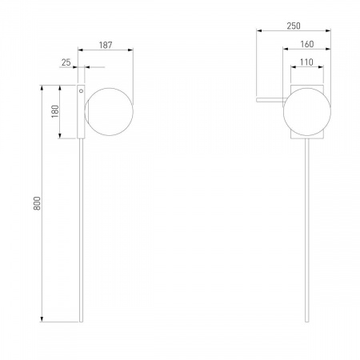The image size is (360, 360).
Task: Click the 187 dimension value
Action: click(x=106, y=45)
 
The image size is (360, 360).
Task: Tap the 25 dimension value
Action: click(x=66, y=62)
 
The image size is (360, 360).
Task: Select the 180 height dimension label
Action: click(x=55, y=111)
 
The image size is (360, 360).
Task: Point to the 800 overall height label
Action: click(x=37, y=203)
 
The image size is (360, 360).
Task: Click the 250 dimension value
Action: click(x=294, y=26)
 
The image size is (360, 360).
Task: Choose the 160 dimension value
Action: click(x=307, y=44)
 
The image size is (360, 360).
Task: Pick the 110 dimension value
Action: click(x=306, y=62)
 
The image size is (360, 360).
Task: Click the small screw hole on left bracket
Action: click(x=81, y=91)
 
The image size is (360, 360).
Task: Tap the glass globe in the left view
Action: click(x=109, y=112)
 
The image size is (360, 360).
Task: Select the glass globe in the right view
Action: click(x=307, y=112)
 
